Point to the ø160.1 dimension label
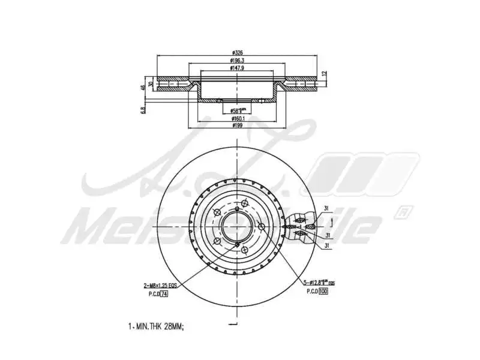click(x=239, y=119)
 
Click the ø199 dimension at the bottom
click(x=239, y=126)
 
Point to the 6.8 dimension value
click(x=143, y=110)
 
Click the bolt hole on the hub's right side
click(x=262, y=226)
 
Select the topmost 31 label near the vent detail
click(x=326, y=208)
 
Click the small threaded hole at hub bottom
click(x=238, y=247)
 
